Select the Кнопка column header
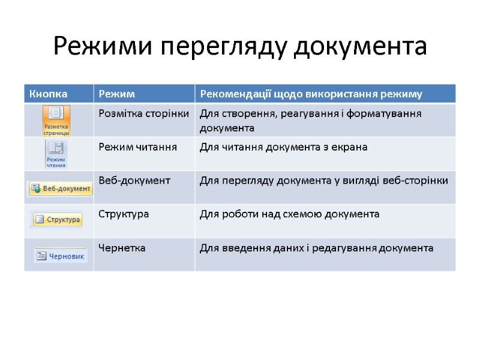pyautogui.click(x=46, y=94)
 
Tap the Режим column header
pyautogui.click(x=117, y=94)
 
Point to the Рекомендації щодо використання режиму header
pyautogui.click(x=311, y=94)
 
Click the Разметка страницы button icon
pyautogui.click(x=56, y=121)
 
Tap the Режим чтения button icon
pyautogui.click(x=56, y=154)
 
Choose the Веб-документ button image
pyautogui.click(x=61, y=188)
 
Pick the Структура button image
pyautogui.click(x=57, y=220)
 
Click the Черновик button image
pyautogui.click(x=61, y=255)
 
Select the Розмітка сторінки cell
pyautogui.click(x=144, y=113)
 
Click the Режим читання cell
pyautogui.click(x=137, y=147)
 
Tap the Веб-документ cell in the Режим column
pyautogui.click(x=134, y=180)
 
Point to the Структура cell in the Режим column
pyautogui.click(x=124, y=214)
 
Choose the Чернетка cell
pyautogui.click(x=122, y=248)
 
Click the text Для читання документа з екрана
pyautogui.click(x=283, y=147)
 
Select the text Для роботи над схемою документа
pyautogui.click(x=289, y=214)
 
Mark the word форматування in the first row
pyautogui.click(x=391, y=113)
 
